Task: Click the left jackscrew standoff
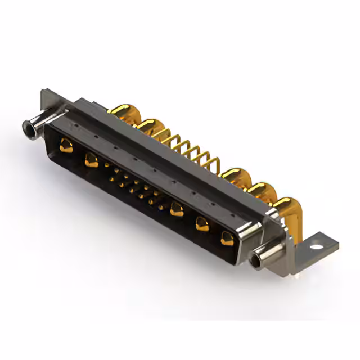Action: [33, 127]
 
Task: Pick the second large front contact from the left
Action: [91, 161]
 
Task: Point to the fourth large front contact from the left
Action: [202, 224]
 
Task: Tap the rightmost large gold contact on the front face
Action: [227, 238]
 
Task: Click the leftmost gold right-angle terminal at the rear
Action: [121, 112]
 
